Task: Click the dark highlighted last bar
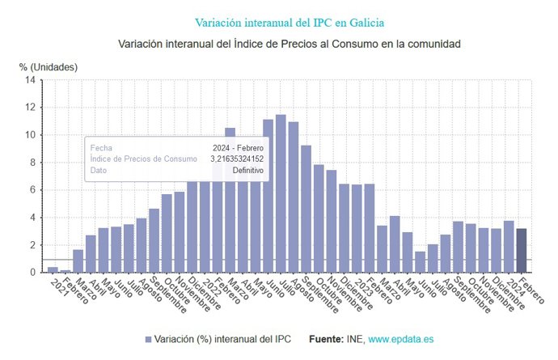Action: (x=521, y=251)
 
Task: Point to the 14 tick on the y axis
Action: (x=30, y=80)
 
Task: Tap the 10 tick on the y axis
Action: (x=30, y=135)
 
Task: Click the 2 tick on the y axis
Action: (x=32, y=245)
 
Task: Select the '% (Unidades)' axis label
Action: (x=49, y=66)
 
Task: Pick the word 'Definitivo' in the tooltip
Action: (x=247, y=171)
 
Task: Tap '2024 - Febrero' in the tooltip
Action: (x=238, y=148)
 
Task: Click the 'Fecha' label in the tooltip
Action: (x=101, y=148)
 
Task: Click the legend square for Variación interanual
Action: (x=148, y=339)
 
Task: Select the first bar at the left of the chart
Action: (x=53, y=269)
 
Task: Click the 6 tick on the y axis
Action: (x=32, y=190)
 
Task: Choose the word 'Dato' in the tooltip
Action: (x=99, y=171)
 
